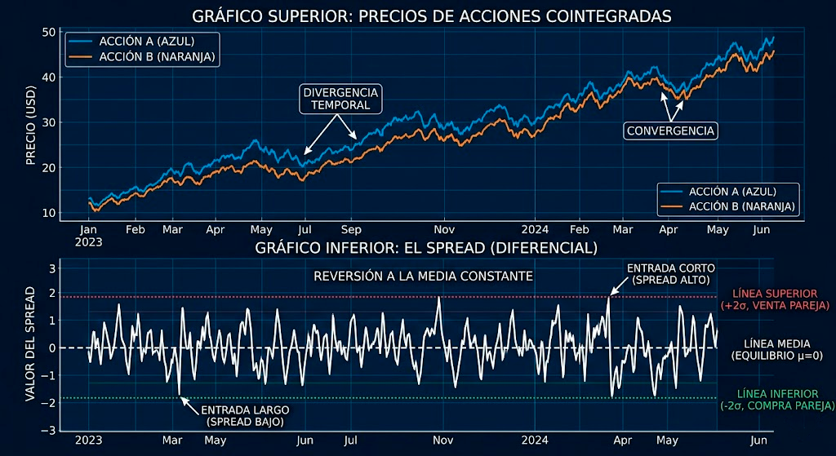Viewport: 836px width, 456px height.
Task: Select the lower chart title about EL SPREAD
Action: pos(426,247)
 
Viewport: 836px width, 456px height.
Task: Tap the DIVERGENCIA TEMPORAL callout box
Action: pos(341,98)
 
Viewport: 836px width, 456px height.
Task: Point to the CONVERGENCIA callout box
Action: pos(670,131)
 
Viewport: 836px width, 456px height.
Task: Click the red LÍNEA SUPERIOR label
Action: pos(775,299)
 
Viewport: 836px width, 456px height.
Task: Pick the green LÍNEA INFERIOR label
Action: pos(776,400)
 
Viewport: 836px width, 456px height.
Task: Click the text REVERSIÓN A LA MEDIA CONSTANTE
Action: pos(423,277)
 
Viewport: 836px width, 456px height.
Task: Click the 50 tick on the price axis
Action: pos(48,32)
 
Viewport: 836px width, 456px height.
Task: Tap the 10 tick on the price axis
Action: pos(48,213)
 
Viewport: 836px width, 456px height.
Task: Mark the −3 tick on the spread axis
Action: pos(48,431)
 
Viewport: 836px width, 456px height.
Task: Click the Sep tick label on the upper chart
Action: pos(351,230)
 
